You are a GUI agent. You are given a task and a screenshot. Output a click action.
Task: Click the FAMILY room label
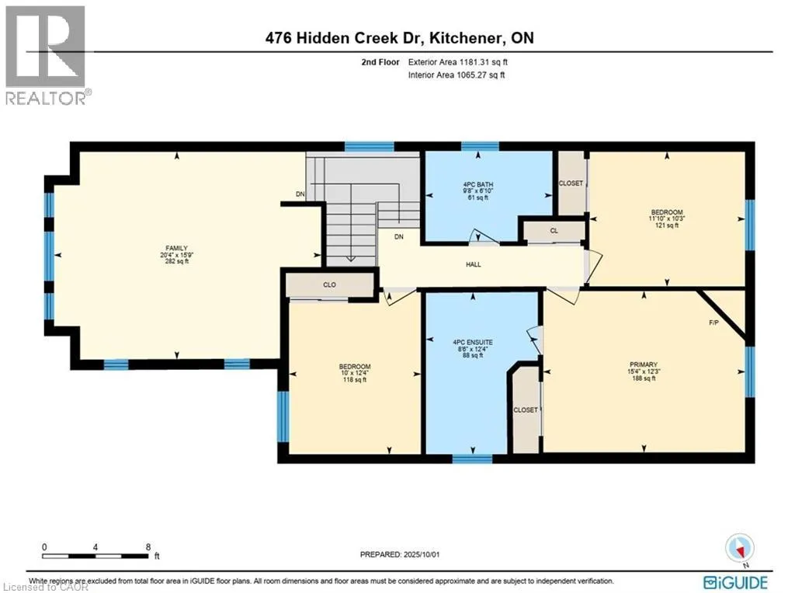pos(176,248)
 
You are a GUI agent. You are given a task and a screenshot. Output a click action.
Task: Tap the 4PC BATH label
pos(477,184)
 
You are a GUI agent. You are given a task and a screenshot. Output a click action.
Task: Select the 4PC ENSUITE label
pos(473,342)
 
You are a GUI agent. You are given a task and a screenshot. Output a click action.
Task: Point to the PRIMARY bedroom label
pos(644,365)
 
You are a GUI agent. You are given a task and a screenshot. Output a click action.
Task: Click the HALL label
pos(474,264)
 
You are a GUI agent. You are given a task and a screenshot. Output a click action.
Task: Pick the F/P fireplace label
pos(713,323)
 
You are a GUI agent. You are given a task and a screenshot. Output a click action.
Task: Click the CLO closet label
pos(329,284)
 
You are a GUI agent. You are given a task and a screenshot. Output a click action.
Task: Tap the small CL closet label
pos(554,231)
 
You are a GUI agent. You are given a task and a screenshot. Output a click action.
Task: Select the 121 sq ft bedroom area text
pos(667,225)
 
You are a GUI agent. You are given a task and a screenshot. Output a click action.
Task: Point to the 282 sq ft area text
pos(176,261)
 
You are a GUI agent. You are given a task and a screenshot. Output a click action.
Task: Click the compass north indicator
pos(740,549)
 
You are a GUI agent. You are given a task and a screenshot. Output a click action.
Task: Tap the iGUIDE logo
pos(736,582)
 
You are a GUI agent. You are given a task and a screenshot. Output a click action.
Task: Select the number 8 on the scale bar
pos(148,547)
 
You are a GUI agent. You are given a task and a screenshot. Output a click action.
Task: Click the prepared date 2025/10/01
pos(422,554)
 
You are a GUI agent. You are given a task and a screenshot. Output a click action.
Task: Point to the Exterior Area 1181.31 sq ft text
pos(458,62)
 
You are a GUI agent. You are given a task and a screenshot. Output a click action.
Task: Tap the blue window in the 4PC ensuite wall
pos(472,459)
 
